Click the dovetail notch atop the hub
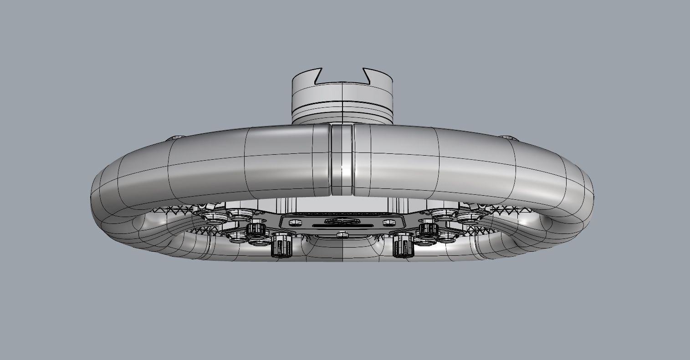342,76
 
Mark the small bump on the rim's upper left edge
175,137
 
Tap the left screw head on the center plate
295,223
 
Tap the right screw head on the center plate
388,223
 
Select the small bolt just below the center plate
342,235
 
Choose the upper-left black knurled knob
256,229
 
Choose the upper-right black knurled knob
428,228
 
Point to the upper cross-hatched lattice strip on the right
508,210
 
